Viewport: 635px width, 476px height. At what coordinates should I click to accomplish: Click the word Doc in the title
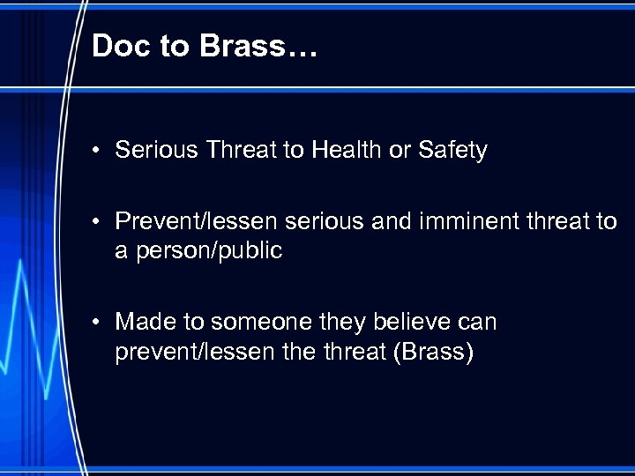[x=120, y=46]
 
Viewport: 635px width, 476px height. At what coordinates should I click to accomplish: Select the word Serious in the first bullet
[x=156, y=151]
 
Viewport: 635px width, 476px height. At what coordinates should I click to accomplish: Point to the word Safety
[x=452, y=151]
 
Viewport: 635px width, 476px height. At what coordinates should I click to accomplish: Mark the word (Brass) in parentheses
[x=434, y=352]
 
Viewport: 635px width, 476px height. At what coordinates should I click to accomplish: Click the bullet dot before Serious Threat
[x=101, y=152]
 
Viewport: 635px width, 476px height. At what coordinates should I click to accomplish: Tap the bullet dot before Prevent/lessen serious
[x=101, y=222]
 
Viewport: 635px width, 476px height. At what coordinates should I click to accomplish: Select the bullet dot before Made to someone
[x=101, y=323]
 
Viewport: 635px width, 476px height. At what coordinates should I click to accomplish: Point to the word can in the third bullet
[x=478, y=322]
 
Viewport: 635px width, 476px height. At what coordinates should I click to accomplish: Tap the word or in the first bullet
[x=400, y=151]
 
